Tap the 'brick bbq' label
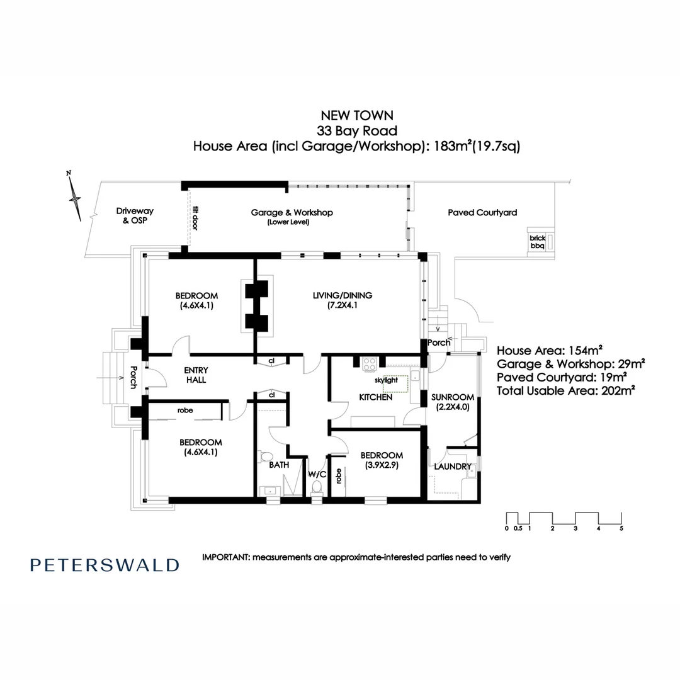537,242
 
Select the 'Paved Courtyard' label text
482,213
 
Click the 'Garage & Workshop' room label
292,213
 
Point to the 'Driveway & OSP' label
135,216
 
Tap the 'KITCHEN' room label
376,397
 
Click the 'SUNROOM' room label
452,397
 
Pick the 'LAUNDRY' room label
453,467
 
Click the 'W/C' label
316,474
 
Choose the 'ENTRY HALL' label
195,375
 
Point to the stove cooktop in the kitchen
369,363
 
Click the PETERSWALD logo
105,565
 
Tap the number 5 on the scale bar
621,529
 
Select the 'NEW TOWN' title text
357,115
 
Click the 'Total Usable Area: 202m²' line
565,391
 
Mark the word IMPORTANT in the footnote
225,557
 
